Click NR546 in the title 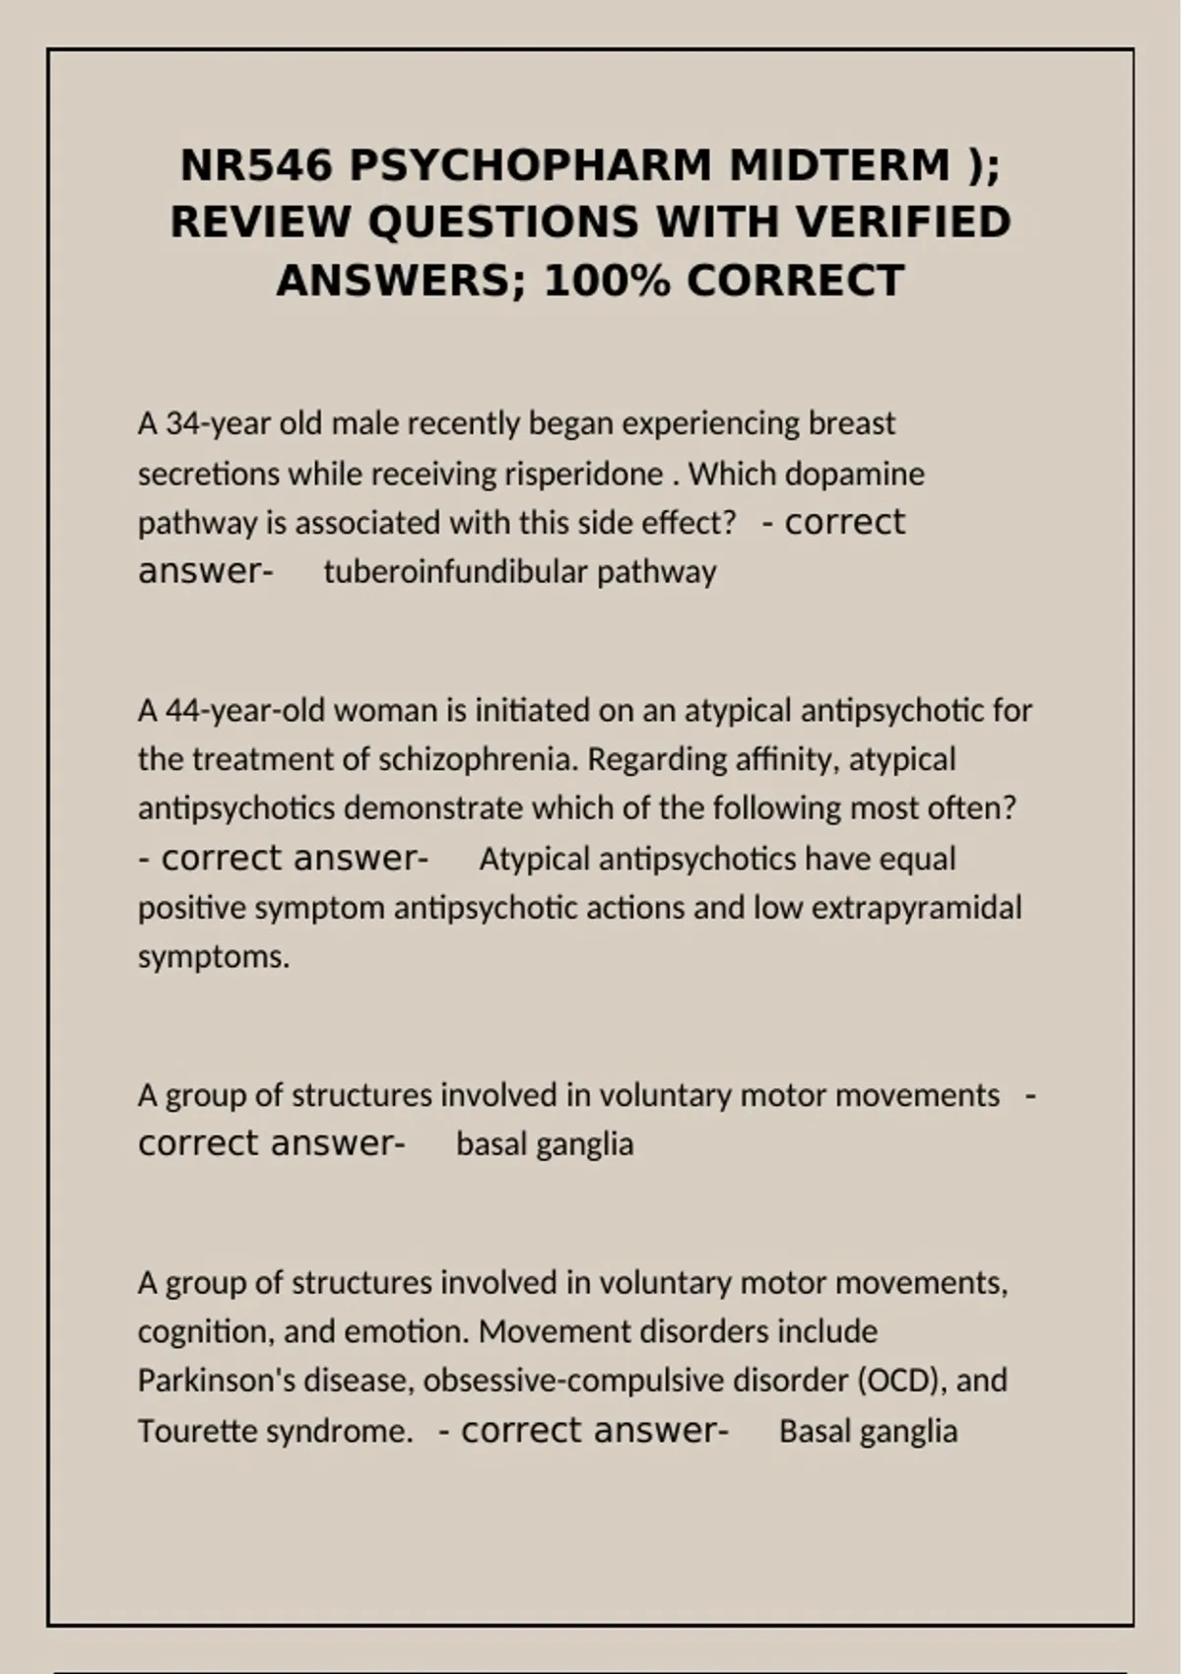(256, 165)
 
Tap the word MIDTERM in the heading (840, 165)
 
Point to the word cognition (203, 1331)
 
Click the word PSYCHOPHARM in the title (529, 165)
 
